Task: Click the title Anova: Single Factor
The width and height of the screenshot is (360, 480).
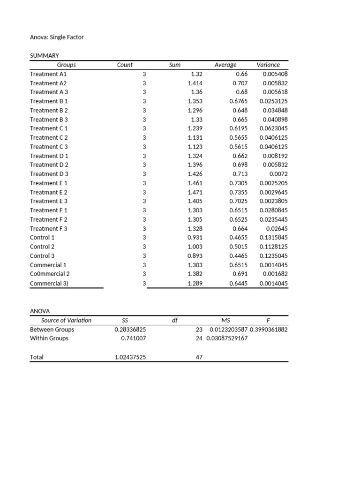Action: [57, 37]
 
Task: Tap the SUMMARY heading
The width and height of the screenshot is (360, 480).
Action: [45, 56]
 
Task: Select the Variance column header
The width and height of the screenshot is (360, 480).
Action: [268, 65]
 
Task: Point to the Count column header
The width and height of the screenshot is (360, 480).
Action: [125, 65]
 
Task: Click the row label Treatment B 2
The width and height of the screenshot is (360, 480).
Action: [49, 110]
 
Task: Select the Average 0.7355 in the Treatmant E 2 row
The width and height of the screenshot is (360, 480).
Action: [239, 192]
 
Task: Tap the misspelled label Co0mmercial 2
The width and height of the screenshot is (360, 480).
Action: [50, 274]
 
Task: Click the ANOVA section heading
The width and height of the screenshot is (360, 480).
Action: [40, 311]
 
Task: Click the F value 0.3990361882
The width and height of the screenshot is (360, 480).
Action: [269, 330]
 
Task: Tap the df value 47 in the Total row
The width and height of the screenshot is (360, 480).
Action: [199, 357]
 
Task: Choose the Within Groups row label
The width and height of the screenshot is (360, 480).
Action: [49, 338]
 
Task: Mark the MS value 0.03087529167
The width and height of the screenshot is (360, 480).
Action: [227, 338]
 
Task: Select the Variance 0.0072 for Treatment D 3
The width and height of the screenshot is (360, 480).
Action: [278, 174]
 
